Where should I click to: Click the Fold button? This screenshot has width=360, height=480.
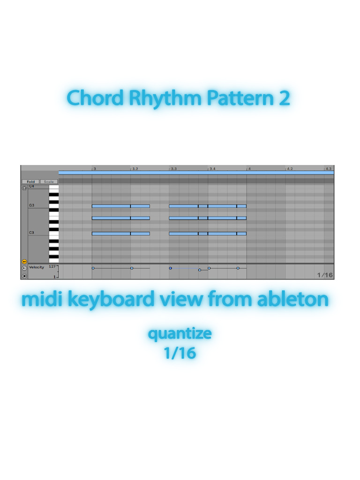pyautogui.click(x=30, y=181)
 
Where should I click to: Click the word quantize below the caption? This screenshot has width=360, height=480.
pyautogui.click(x=180, y=334)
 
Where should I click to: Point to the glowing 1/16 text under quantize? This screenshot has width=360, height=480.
pyautogui.click(x=180, y=352)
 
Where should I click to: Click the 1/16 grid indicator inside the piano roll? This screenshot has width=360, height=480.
pyautogui.click(x=325, y=275)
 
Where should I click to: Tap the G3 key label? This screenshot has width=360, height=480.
pyautogui.click(x=32, y=205)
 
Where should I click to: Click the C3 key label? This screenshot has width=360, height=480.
pyautogui.click(x=32, y=232)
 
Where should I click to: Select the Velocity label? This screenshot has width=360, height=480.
pyautogui.click(x=37, y=267)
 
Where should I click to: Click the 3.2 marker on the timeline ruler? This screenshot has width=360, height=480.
pyautogui.click(x=135, y=168)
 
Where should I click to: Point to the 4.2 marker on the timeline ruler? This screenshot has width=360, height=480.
pyautogui.click(x=290, y=168)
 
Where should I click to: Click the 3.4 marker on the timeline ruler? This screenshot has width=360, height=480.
pyautogui.click(x=212, y=168)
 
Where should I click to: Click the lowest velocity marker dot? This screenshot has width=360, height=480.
pyautogui.click(x=200, y=270)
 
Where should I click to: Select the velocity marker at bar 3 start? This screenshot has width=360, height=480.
pyautogui.click(x=93, y=268)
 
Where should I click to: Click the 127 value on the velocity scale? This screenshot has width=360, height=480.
pyautogui.click(x=52, y=266)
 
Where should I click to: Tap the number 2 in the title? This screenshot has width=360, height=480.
pyautogui.click(x=284, y=98)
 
